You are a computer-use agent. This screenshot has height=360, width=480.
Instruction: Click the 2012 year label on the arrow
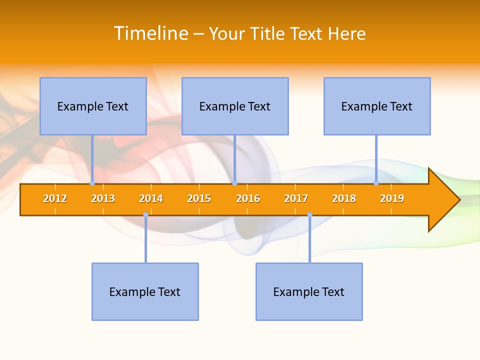55,198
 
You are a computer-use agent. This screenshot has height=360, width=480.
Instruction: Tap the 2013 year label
103,198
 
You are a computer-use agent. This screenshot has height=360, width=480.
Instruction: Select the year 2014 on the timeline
151,198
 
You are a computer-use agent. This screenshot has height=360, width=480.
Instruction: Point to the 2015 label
199,198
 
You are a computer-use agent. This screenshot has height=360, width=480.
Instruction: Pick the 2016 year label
248,198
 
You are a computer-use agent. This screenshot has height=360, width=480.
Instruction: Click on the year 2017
296,198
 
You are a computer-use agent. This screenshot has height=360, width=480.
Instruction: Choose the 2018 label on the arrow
344,198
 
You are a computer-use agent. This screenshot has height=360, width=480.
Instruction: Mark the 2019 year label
392,198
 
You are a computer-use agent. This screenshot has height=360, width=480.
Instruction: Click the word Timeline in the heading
150,33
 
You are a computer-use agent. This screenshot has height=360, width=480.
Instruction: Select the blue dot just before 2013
92,183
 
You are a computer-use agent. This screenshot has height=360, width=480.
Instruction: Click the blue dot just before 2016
234,183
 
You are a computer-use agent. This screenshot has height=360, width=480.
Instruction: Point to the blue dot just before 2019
376,183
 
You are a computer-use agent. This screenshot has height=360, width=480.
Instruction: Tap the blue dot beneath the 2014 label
145,215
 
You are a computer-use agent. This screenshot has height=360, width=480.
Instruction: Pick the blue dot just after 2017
309,215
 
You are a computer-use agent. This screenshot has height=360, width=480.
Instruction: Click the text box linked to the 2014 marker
145,291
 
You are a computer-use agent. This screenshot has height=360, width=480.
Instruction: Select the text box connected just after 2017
309,291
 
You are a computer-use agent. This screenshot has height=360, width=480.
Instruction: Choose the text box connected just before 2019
377,106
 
